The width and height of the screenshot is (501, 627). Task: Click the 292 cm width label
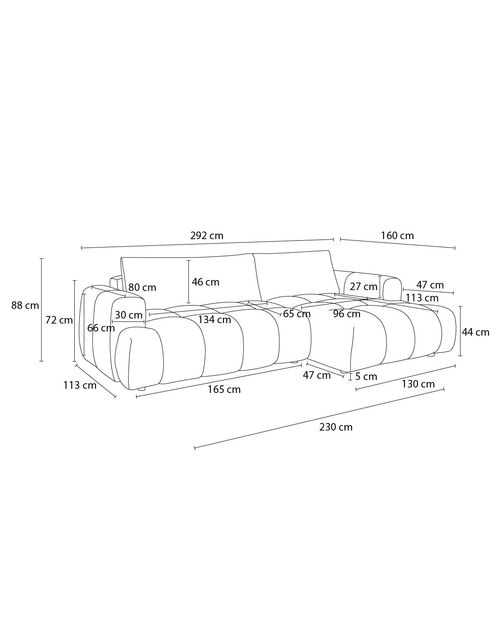click(x=207, y=235)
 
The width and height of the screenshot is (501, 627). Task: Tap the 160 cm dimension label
click(x=397, y=235)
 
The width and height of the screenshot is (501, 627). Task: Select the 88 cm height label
click(x=25, y=305)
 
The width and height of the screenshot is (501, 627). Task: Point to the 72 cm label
click(x=59, y=320)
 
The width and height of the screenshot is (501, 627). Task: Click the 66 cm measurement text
click(x=101, y=328)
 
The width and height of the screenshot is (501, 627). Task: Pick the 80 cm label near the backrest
click(x=142, y=288)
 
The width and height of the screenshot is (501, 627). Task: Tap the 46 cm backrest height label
click(x=205, y=282)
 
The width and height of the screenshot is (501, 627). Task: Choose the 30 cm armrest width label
click(x=129, y=315)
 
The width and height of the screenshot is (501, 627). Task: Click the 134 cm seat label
click(x=215, y=320)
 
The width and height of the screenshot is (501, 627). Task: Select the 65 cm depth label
click(x=297, y=314)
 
